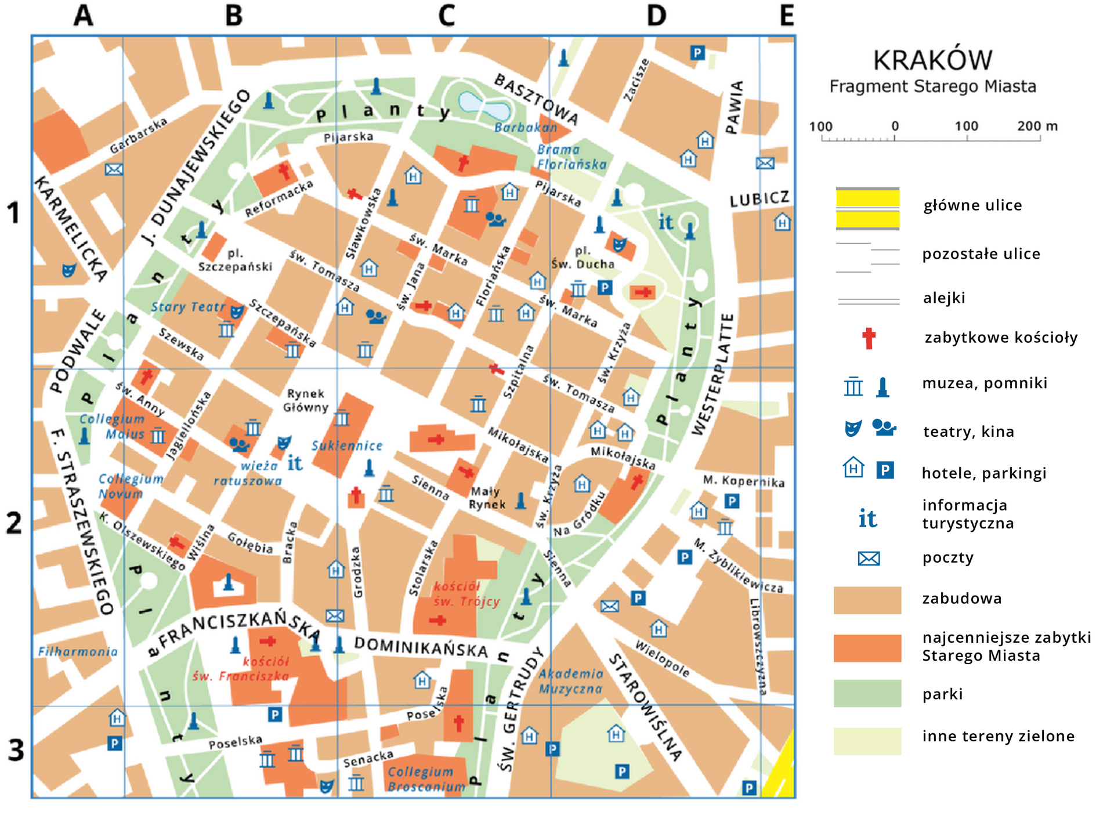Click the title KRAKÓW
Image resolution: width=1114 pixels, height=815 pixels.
pyautogui.click(x=932, y=60)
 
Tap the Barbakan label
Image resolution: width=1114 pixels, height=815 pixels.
pyautogui.click(x=526, y=127)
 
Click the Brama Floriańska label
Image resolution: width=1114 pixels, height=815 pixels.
pyautogui.click(x=571, y=157)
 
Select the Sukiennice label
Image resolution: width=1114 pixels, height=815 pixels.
pyautogui.click(x=347, y=445)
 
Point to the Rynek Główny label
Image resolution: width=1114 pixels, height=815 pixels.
pyautogui.click(x=305, y=400)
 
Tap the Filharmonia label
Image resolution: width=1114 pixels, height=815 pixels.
pyautogui.click(x=78, y=651)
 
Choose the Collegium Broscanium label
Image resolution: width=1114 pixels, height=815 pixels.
pyautogui.click(x=426, y=779)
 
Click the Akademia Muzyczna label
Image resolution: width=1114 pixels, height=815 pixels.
pyautogui.click(x=571, y=681)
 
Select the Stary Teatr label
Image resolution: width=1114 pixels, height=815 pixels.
pyautogui.click(x=187, y=307)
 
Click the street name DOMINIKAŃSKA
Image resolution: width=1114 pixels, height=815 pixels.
pyautogui.click(x=421, y=647)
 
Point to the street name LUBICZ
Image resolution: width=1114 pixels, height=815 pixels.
pyautogui.click(x=759, y=199)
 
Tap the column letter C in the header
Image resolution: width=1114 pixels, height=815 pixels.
pyautogui.click(x=446, y=16)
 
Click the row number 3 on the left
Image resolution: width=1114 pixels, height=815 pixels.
pyautogui.click(x=16, y=750)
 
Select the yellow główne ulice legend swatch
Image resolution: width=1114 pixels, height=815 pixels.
pyautogui.click(x=867, y=209)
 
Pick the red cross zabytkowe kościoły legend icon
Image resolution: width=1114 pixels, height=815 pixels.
pyautogui.click(x=868, y=338)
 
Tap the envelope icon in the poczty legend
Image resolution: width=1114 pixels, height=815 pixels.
pyautogui.click(x=869, y=559)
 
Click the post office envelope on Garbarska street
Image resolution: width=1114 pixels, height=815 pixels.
pyautogui.click(x=114, y=169)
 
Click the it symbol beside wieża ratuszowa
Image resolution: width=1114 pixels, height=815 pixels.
pyautogui.click(x=295, y=463)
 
